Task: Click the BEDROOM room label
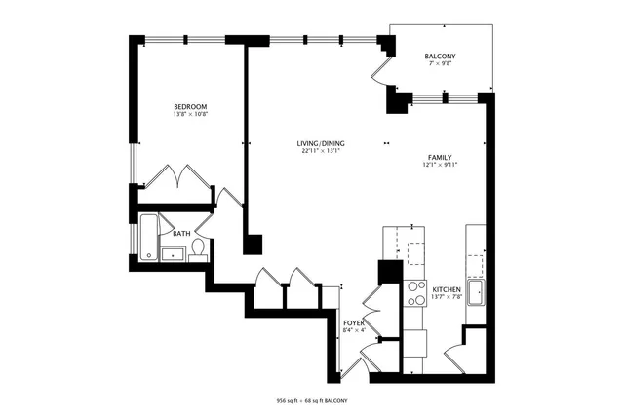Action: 189,107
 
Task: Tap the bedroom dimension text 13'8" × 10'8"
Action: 189,115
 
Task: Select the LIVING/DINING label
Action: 321,144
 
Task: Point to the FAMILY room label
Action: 442,157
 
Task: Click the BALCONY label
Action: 440,57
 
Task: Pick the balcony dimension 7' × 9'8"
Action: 440,66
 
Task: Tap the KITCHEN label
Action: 447,290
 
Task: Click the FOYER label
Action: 353,321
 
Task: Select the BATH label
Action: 181,234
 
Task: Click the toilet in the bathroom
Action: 198,250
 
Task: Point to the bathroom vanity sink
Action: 176,254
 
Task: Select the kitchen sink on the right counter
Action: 477,292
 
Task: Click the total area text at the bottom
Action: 312,401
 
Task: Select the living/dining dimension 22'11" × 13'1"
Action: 321,152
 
